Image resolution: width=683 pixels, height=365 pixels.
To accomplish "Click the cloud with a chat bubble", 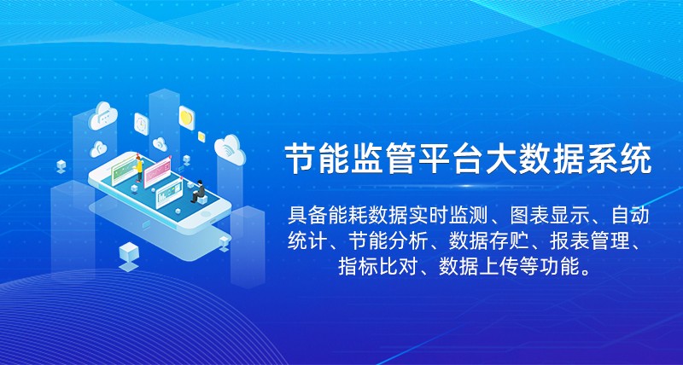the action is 103,116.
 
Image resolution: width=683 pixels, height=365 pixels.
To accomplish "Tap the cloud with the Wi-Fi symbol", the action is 230,149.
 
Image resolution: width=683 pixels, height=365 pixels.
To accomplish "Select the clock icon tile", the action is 142,124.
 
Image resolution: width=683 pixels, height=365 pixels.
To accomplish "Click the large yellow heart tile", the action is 186,118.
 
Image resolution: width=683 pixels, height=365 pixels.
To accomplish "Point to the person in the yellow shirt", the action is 139,168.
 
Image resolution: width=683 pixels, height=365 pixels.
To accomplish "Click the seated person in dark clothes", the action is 199,191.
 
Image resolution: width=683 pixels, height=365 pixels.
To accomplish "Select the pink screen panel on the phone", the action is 157,173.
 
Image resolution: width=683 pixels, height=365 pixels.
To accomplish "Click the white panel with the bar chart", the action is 169,194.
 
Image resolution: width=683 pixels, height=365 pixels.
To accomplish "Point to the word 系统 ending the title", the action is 622,159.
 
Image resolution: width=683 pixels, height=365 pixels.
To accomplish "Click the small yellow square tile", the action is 201,136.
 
